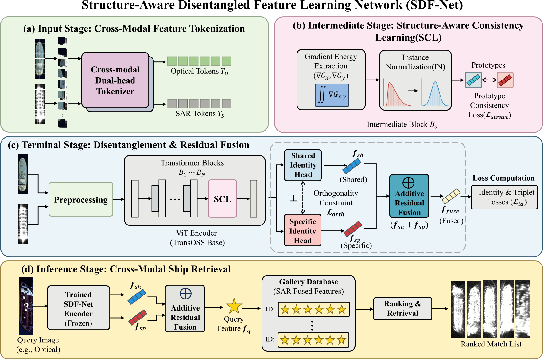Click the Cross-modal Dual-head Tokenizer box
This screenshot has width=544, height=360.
pos(115,80)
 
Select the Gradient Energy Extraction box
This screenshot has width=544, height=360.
pos(331,66)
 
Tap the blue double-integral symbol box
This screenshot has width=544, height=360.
pos(332,95)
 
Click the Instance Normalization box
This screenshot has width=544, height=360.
pos(415,80)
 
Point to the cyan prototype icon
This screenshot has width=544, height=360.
pos(473,80)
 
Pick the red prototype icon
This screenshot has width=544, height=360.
pos(505,80)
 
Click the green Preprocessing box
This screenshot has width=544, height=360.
pos(81,200)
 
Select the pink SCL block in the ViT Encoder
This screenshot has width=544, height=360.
pos(222,199)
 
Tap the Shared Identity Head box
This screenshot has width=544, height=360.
pos(303,165)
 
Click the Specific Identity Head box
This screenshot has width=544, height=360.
pos(303,230)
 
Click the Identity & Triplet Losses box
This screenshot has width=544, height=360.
pos(504,197)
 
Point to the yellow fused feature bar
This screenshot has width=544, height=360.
pos(451,196)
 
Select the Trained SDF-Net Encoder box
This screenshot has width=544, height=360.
pos(78,308)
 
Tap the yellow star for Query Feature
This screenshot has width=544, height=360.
pos(234,306)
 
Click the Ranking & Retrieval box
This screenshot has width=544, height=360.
pos(402,308)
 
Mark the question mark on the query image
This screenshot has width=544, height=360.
pos(26,306)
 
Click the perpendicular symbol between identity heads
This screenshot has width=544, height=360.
pos(294,199)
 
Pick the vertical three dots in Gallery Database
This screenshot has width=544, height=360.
pos(312,325)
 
